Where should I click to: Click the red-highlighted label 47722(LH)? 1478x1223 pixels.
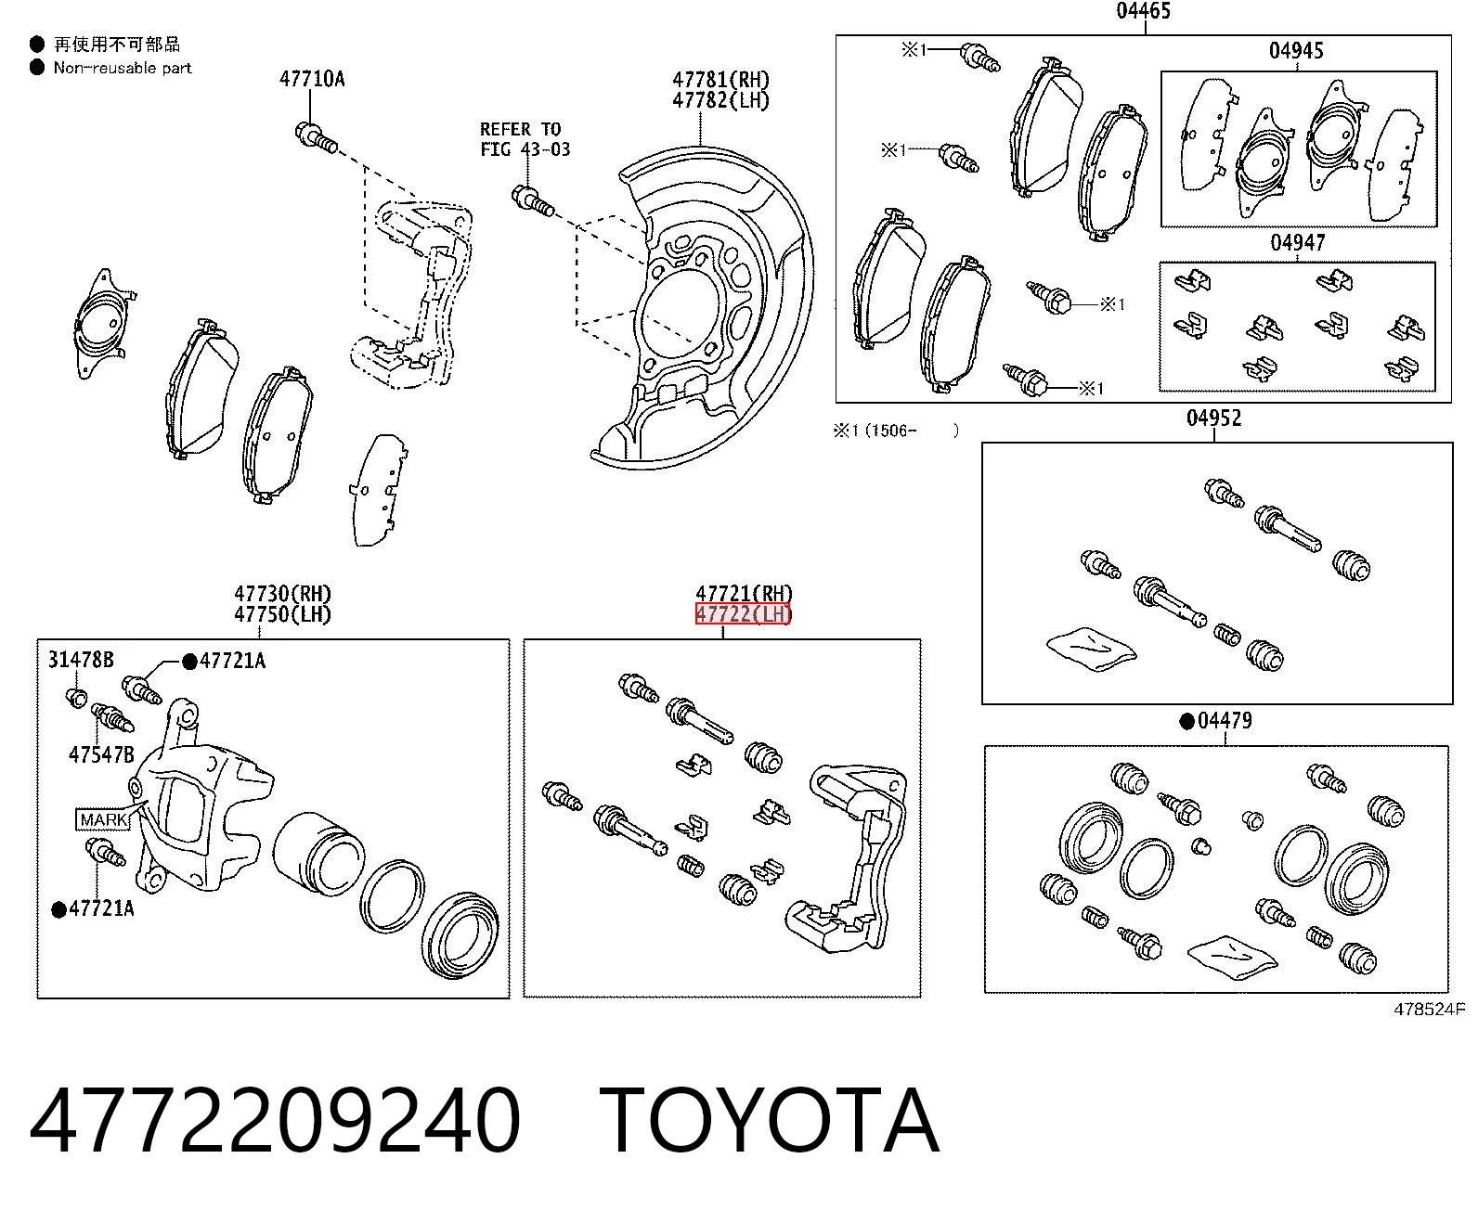[x=744, y=613]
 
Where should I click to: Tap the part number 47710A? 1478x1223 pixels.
[x=312, y=79]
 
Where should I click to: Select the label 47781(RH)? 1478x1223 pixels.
[x=720, y=79]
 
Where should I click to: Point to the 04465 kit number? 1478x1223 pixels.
[x=1143, y=10]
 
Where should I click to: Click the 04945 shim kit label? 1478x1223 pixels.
[x=1296, y=51]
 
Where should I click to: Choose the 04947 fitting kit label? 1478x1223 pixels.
[x=1297, y=243]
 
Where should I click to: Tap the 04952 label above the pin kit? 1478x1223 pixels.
[x=1214, y=418]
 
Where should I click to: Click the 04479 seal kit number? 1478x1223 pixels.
[x=1225, y=720]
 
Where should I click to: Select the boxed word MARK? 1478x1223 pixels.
[x=103, y=819]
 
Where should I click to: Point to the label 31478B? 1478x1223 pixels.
[x=81, y=660]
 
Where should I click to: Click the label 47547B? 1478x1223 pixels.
[x=101, y=754]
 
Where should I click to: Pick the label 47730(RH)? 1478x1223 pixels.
[x=282, y=593]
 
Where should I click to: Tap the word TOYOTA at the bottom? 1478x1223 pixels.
[x=770, y=1120]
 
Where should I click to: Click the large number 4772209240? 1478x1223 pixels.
[x=275, y=1120]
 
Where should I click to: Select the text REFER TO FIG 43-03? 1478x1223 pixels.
[x=525, y=139]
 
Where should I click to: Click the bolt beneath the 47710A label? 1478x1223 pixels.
[x=316, y=137]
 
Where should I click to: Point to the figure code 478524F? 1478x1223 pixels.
[x=1429, y=1010]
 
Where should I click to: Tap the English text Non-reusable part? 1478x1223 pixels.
[x=123, y=68]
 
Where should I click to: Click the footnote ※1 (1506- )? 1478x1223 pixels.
[x=896, y=431]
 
